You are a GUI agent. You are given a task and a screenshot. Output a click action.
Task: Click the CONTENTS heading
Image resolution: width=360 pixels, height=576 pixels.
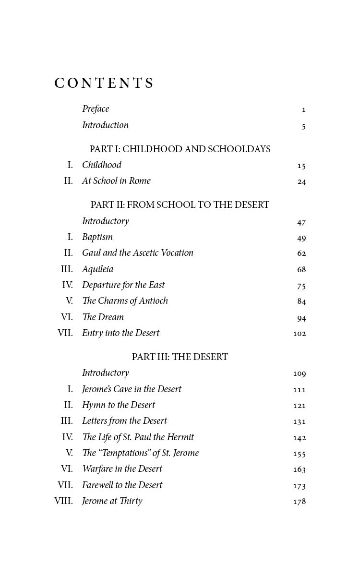click(104, 83)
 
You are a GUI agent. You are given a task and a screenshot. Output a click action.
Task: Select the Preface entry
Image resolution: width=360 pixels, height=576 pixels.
click(96, 109)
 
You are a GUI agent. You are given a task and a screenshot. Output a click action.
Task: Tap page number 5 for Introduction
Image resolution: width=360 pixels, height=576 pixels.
click(304, 126)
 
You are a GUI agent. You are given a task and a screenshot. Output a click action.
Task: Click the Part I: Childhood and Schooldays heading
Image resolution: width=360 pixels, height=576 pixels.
click(180, 149)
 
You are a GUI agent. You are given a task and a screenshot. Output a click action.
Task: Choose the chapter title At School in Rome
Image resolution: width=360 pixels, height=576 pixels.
click(116, 181)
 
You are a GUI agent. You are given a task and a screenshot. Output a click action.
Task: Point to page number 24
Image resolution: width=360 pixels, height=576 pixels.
click(301, 181)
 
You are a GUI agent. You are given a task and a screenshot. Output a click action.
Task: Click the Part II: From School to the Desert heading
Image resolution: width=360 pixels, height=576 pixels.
click(180, 205)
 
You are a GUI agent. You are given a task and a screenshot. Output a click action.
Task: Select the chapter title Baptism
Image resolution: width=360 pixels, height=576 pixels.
click(97, 237)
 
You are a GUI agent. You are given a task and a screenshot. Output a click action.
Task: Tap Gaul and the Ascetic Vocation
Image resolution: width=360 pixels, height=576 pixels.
click(138, 253)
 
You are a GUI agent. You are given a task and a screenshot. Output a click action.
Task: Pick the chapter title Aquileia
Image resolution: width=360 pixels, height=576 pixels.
click(98, 269)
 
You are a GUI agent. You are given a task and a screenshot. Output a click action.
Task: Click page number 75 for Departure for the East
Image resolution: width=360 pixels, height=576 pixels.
click(301, 286)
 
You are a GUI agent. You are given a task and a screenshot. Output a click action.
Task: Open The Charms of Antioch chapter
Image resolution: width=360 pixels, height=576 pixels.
click(125, 301)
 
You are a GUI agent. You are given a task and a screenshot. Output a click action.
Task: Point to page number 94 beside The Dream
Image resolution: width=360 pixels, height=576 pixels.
click(301, 318)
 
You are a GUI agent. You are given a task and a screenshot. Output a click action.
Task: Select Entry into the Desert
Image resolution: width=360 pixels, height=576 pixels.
click(120, 333)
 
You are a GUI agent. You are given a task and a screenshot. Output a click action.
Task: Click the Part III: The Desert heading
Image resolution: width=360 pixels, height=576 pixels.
click(180, 357)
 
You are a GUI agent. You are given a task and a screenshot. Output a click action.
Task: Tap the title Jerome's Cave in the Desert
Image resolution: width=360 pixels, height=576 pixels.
click(132, 389)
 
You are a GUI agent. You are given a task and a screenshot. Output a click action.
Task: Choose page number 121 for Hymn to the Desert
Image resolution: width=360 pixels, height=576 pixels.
click(300, 406)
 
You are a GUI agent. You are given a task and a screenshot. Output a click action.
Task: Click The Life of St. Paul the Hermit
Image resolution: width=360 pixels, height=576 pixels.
click(138, 437)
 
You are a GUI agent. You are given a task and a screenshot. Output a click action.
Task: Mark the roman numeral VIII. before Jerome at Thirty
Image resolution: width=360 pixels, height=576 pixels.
click(64, 501)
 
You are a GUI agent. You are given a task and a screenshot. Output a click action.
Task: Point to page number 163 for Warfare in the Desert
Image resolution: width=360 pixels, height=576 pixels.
click(300, 469)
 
